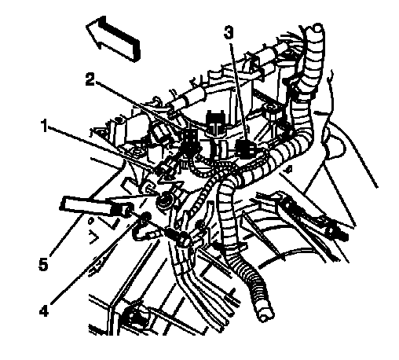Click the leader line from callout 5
point(79,237)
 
